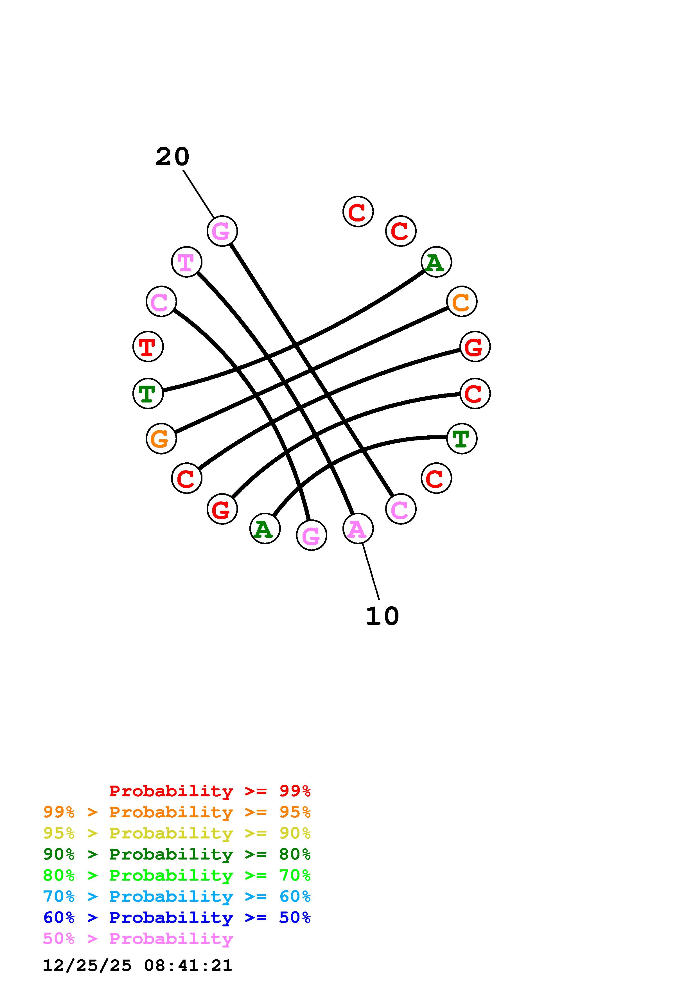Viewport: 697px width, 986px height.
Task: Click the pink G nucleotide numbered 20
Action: tap(222, 231)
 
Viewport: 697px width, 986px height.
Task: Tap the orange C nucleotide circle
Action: tap(462, 302)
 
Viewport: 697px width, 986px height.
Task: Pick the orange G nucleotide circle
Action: tap(161, 438)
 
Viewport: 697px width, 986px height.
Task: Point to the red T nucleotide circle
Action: tap(148, 347)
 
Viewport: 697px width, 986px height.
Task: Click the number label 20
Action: tap(172, 157)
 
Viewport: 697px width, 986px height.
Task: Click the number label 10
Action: tap(382, 616)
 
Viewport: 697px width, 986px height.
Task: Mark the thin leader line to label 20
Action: tap(199, 194)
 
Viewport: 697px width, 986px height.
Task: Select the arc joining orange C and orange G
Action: tap(311, 370)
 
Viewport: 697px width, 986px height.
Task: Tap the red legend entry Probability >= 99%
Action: tap(210, 791)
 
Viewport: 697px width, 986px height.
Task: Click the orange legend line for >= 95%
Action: tap(177, 812)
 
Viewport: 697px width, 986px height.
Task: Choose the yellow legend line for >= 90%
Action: tap(177, 833)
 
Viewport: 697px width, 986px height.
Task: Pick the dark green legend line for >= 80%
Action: tap(177, 854)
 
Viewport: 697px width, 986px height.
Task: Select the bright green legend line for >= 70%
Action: tap(177, 875)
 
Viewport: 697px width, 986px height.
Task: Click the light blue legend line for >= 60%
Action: tap(177, 896)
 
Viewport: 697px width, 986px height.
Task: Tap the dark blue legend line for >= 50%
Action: tap(177, 917)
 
